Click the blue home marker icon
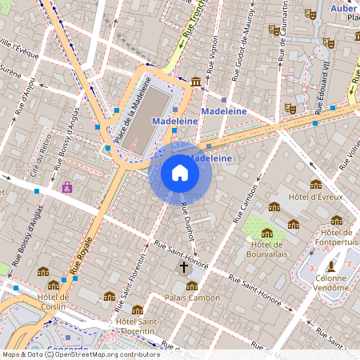[180, 173]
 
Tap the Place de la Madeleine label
[132, 109]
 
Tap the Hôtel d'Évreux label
[316, 196]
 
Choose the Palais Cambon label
[191, 298]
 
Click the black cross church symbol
[183, 266]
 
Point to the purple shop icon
[66, 188]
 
